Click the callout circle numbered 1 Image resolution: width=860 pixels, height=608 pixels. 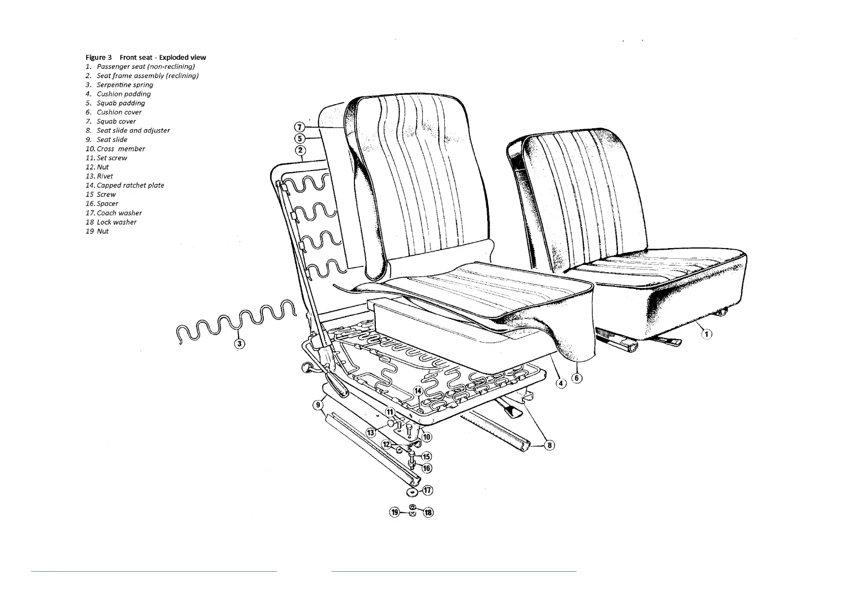pos(706,334)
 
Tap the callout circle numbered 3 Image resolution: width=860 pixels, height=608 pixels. pos(239,344)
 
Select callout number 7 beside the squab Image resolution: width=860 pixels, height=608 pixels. pos(300,127)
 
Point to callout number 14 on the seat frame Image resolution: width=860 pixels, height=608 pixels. pos(418,392)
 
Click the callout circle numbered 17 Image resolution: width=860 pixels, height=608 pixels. pos(427,490)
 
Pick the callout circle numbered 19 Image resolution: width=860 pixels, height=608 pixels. pos(395,512)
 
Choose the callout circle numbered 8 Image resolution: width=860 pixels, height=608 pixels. pos(550,445)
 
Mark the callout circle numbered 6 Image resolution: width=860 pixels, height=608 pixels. pos(577,378)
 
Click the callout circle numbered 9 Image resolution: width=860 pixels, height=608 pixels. pos(318,405)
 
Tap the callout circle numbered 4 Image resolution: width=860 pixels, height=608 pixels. pos(561,383)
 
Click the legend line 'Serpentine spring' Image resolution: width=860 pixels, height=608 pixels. pos(125,85)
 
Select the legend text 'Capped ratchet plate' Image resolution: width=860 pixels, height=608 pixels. pos(130,185)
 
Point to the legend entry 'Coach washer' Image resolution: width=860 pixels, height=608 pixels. pos(119,213)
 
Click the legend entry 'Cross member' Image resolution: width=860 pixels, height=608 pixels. pos(121,149)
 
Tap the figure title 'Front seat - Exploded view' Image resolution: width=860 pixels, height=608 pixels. pos(163,57)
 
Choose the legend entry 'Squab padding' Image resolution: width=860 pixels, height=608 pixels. pos(121,103)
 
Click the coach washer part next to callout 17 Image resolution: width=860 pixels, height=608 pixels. pos(411,492)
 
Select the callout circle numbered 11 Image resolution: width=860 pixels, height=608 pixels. pos(390,412)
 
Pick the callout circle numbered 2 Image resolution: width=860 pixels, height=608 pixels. pos(301,150)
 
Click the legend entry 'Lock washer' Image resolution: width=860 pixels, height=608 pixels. pos(116,222)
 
